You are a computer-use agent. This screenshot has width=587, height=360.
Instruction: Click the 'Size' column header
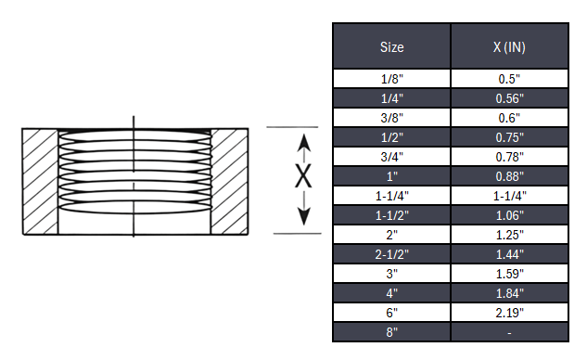point(391,46)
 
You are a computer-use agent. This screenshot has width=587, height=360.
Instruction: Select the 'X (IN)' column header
point(508,46)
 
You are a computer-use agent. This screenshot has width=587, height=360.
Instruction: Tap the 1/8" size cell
point(391,79)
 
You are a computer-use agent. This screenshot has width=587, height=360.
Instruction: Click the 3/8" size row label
point(391,118)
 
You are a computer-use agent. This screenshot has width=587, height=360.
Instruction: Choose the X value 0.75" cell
point(508,137)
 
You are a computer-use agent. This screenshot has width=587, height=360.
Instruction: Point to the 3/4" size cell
point(391,157)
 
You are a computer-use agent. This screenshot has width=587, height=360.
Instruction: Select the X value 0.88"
point(508,176)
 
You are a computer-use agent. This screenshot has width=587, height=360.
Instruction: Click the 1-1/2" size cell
point(391,215)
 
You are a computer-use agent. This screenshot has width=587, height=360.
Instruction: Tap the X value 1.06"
point(508,215)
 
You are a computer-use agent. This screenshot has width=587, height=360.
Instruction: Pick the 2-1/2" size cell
point(391,254)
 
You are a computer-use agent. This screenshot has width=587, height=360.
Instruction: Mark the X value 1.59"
point(508,274)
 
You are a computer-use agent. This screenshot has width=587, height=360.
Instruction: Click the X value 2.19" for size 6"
point(508,313)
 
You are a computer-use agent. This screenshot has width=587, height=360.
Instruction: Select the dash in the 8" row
point(508,332)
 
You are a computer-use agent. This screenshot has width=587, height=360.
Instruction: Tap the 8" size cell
point(391,332)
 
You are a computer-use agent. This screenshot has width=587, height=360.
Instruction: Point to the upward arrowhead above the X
point(302,141)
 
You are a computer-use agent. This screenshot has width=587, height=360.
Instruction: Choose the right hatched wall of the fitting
point(229,180)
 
